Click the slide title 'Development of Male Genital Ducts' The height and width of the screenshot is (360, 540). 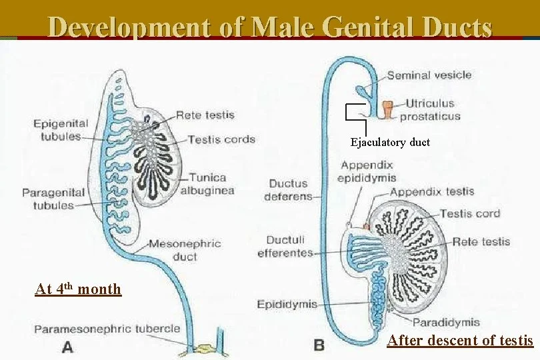pyautogui.click(x=270, y=27)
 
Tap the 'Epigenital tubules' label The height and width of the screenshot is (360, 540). pyautogui.click(x=60, y=130)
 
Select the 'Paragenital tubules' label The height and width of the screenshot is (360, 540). pyautogui.click(x=53, y=199)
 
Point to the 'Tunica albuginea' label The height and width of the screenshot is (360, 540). pyautogui.click(x=207, y=184)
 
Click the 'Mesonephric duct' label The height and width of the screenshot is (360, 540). pyautogui.click(x=185, y=249)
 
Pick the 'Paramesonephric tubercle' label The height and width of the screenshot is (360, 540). pyautogui.click(x=107, y=329)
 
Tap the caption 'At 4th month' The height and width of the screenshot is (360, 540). pyautogui.click(x=78, y=289)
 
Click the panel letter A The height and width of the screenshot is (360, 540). pyautogui.click(x=67, y=346)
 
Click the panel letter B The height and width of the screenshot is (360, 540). pyautogui.click(x=319, y=345)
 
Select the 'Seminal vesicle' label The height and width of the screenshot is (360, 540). pyautogui.click(x=429, y=75)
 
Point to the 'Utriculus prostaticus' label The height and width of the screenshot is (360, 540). pyautogui.click(x=430, y=110)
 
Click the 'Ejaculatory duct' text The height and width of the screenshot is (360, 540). pyautogui.click(x=390, y=142)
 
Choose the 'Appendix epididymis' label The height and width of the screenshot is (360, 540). pyautogui.click(x=367, y=171)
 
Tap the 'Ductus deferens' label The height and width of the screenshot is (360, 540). pyautogui.click(x=288, y=190)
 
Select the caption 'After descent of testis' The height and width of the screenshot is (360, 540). pyautogui.click(x=460, y=341)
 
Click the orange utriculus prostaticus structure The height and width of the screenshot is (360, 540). pyautogui.click(x=389, y=108)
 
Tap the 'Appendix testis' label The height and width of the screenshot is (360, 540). pyautogui.click(x=432, y=192)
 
